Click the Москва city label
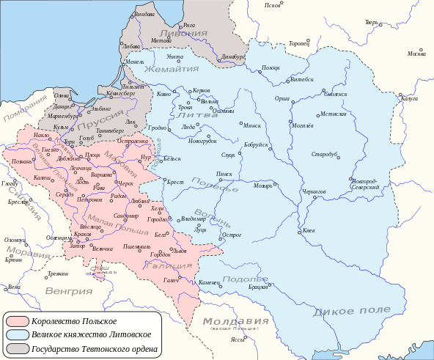point(416,54)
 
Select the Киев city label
point(309,230)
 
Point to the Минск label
point(252,125)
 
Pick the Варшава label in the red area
point(102,175)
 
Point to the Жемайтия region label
point(172,68)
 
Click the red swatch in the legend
point(18,321)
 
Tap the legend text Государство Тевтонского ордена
point(95,348)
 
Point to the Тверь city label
point(372,22)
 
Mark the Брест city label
point(175,182)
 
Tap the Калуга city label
point(409,98)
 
